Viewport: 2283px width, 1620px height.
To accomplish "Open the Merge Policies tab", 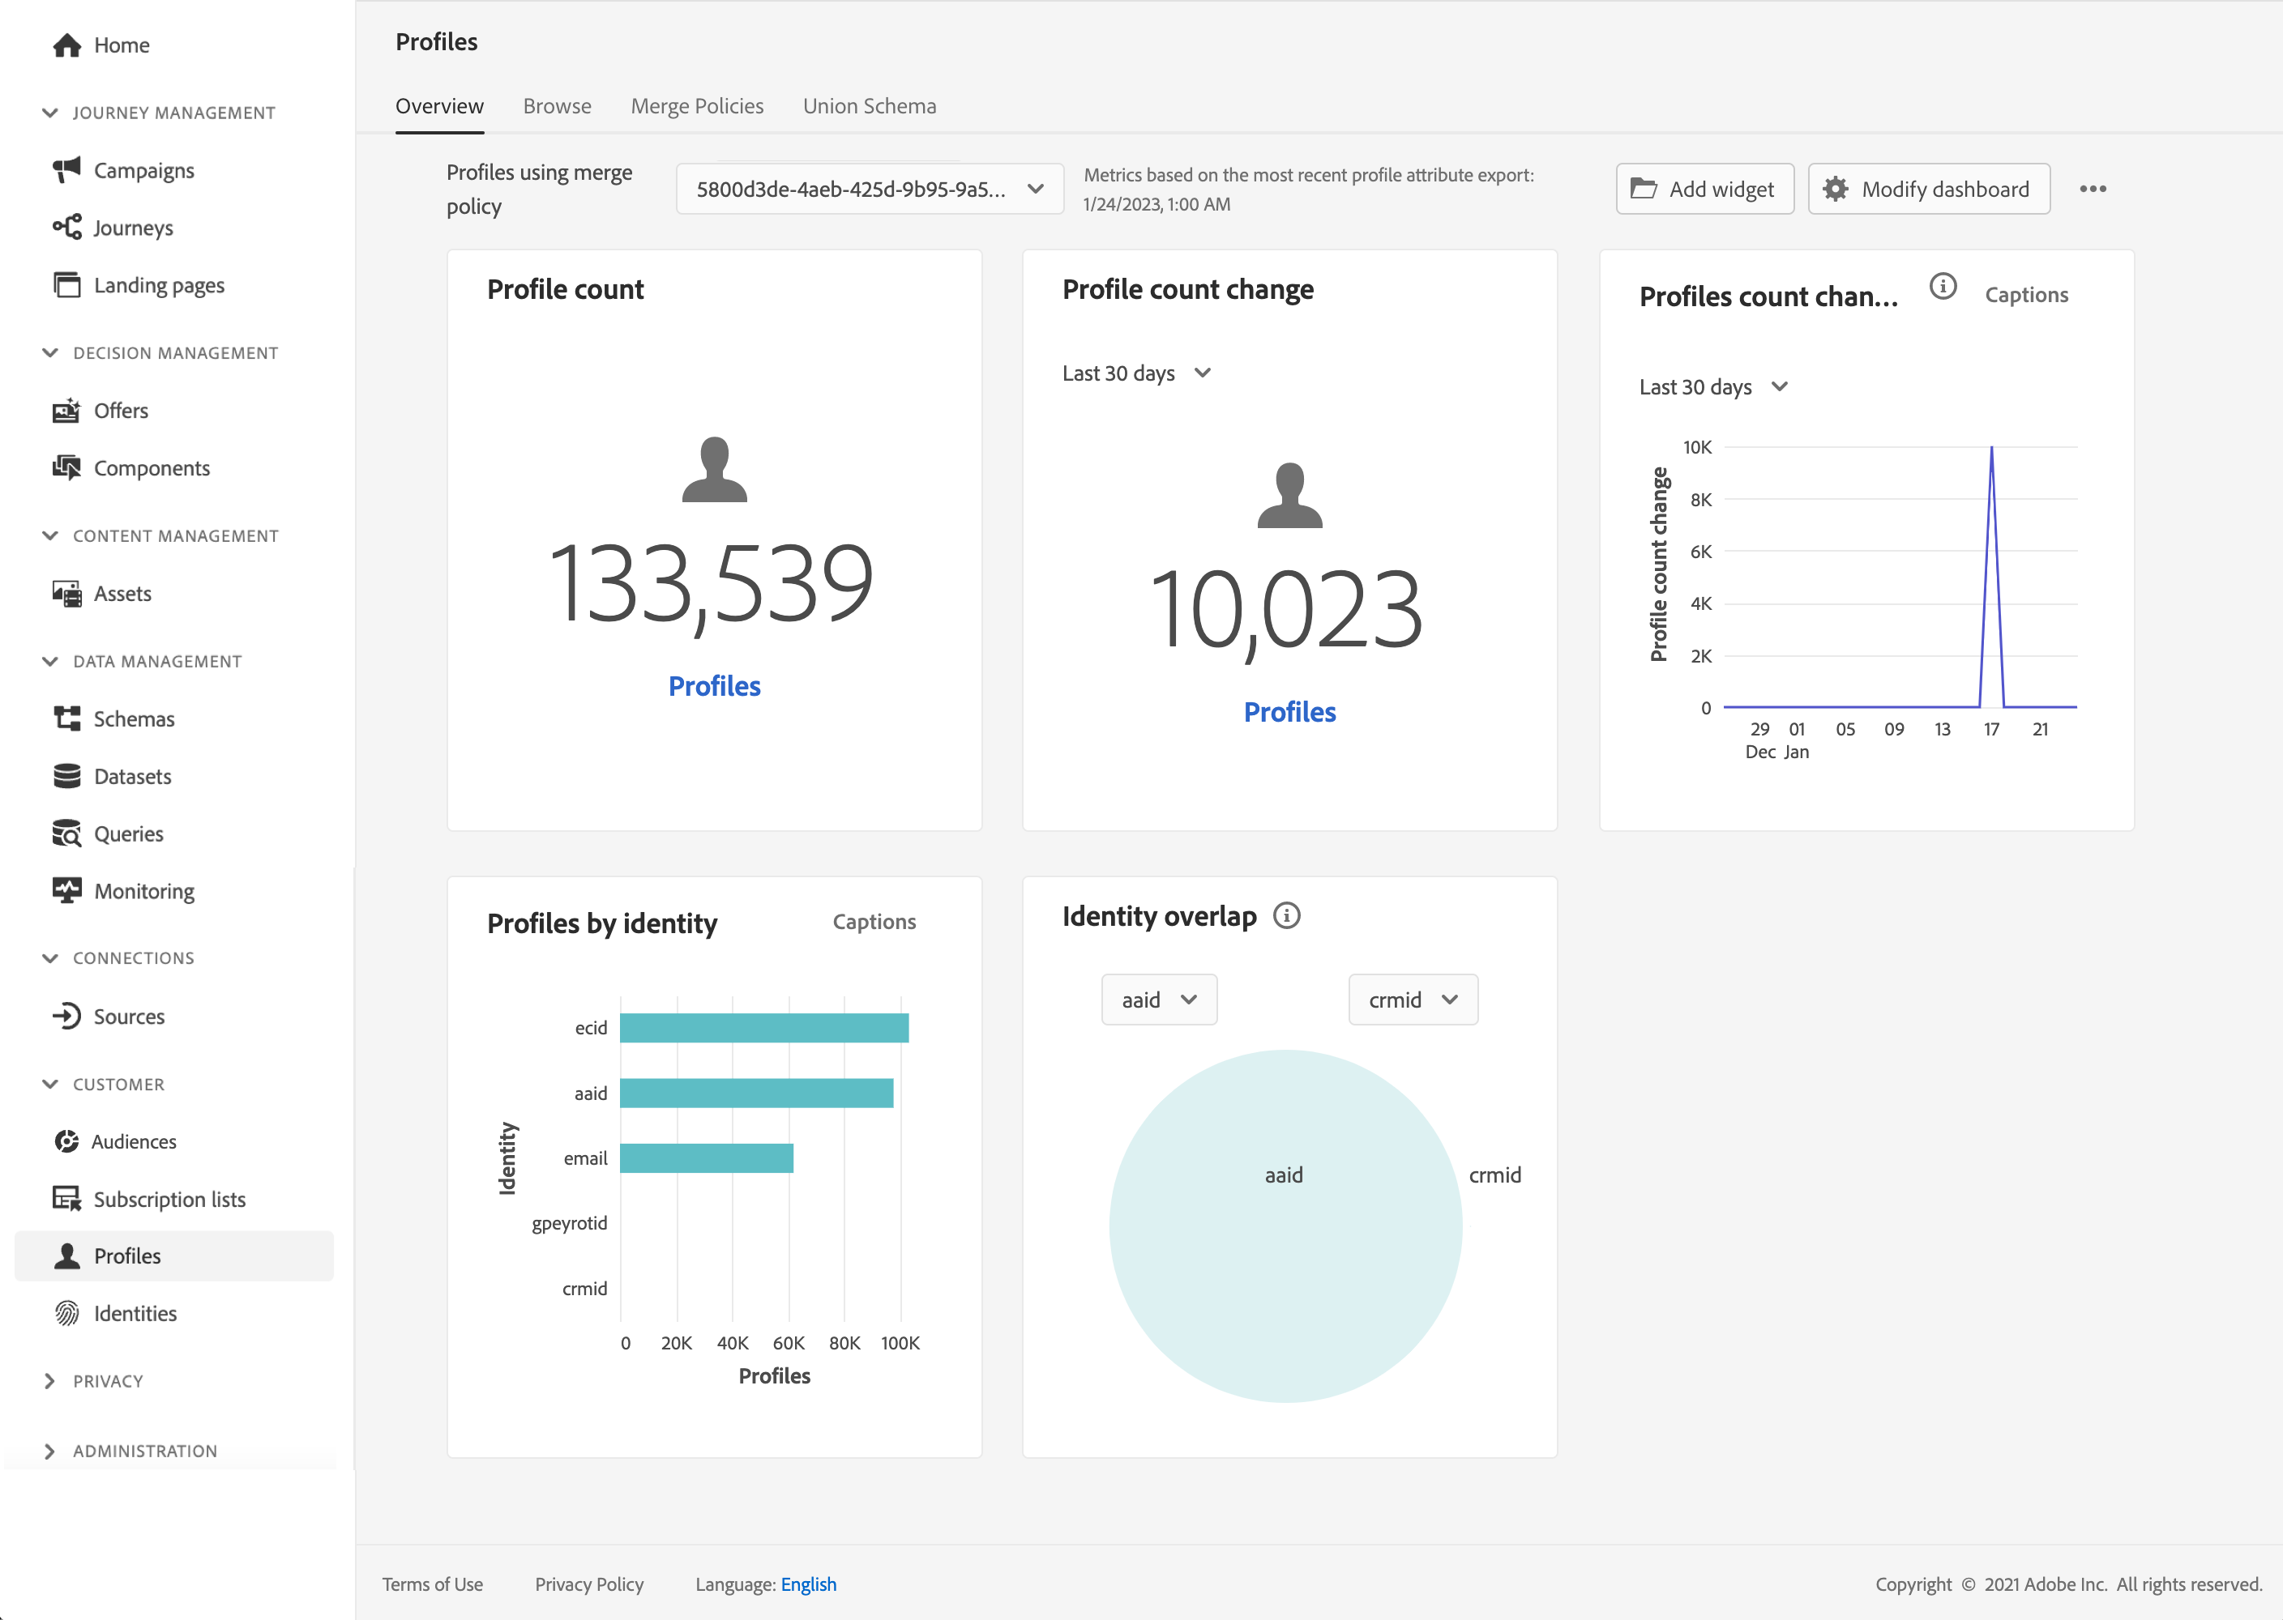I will point(696,106).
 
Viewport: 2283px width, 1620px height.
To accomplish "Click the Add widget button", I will point(1704,189).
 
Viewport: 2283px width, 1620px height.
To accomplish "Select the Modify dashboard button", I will point(1928,189).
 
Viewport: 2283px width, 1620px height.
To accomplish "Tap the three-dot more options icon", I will point(2093,189).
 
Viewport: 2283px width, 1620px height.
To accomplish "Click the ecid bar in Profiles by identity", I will point(763,1027).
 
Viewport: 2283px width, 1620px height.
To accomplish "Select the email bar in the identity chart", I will point(705,1158).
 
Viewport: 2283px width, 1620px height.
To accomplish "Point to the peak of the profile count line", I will point(1990,449).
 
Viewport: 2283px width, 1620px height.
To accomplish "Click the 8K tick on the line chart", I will point(1700,500).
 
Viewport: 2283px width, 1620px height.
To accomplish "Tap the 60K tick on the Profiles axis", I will point(789,1343).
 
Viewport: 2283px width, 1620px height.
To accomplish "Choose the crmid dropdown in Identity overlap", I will point(1412,1000).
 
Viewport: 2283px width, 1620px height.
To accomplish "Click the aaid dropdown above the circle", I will point(1157,1000).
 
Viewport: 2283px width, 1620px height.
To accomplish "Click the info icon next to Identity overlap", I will point(1286,916).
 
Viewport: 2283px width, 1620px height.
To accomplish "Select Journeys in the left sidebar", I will point(133,228).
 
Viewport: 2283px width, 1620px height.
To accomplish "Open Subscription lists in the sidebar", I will point(169,1199).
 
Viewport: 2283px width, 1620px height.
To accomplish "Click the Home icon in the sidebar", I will point(66,45).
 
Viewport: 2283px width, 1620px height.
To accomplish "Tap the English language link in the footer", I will point(808,1584).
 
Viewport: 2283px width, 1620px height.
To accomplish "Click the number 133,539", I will point(712,582).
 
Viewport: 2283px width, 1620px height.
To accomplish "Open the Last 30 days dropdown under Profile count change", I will point(1135,373).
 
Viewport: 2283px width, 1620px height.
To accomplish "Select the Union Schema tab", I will point(869,106).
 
